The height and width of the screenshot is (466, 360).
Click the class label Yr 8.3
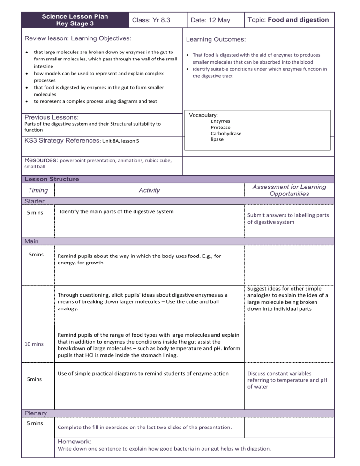coord(151,20)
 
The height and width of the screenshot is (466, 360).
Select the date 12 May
coord(210,20)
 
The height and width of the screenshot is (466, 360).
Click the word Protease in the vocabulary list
coord(220,127)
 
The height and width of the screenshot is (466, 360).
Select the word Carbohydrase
coord(226,133)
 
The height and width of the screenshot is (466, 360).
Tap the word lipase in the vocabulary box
coord(217,139)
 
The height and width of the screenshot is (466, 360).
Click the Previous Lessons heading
coord(52,117)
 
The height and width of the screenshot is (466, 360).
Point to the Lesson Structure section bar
coord(52,179)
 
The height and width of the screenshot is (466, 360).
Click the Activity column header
coord(149,190)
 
